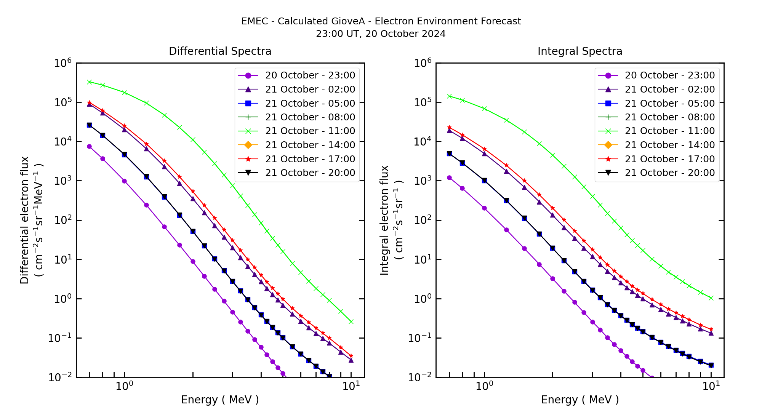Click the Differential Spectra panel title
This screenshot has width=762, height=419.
[x=220, y=51]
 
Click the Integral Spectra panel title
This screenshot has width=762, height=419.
[x=580, y=51]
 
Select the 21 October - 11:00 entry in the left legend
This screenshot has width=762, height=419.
[x=310, y=131]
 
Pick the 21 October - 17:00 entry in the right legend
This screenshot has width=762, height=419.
[x=669, y=159]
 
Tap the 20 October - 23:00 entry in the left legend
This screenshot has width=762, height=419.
[x=310, y=75]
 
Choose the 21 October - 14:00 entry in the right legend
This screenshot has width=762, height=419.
[x=669, y=145]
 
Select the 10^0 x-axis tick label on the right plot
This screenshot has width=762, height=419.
[x=484, y=386]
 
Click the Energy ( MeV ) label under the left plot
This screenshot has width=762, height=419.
[x=220, y=400]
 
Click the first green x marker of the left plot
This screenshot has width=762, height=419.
[x=89, y=82]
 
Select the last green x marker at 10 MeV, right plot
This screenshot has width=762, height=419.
[x=711, y=298]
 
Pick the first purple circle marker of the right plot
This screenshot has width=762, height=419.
[x=449, y=178]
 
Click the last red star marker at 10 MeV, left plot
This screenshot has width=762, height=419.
[x=351, y=356]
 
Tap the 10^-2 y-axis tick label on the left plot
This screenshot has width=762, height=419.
[x=60, y=377]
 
